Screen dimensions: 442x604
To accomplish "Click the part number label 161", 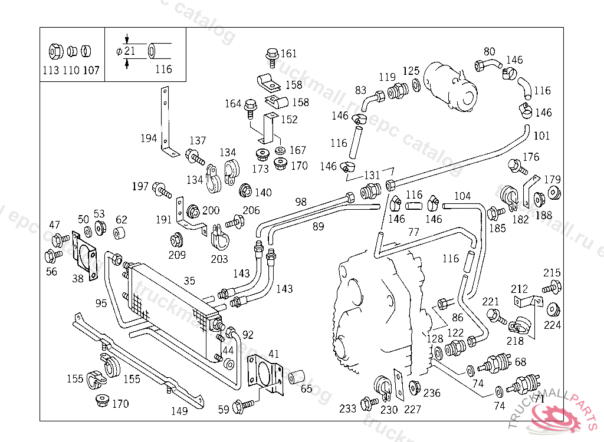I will pos(288,54).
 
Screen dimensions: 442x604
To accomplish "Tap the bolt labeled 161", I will pos(271,55).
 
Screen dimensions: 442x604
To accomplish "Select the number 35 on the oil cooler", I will pos(189,281).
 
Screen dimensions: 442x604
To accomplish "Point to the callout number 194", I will pos(149,138).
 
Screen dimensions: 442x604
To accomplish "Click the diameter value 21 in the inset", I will pos(130,51).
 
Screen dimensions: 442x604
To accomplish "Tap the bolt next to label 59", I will pos(242,405).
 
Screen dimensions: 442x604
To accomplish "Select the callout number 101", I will pos(541,136).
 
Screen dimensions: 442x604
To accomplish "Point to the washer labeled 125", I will pos(416,85).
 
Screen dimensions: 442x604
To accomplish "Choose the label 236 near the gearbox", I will pos(432,393).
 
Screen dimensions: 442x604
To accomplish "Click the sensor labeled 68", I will pos(496,361).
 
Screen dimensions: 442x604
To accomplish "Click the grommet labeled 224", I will pos(553,309).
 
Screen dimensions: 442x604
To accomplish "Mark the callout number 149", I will pos(179,411).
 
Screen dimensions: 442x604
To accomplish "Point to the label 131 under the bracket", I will pos(372,175).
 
